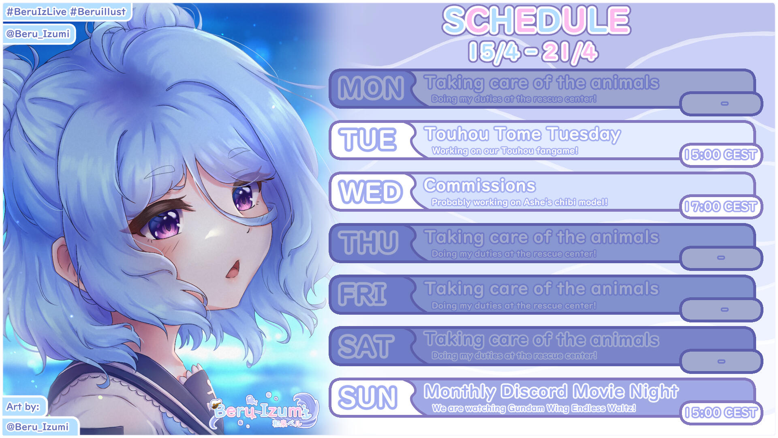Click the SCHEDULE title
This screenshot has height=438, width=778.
[536, 20]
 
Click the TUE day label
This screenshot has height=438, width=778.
[368, 140]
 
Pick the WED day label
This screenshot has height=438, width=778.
[371, 191]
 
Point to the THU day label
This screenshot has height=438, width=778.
[368, 243]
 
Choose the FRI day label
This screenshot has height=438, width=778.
[362, 294]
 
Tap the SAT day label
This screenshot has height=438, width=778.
[366, 346]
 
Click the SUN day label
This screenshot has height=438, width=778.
[368, 397]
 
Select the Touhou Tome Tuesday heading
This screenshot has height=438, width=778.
[522, 134]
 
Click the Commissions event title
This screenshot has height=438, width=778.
[480, 186]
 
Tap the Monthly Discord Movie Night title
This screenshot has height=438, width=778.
[551, 392]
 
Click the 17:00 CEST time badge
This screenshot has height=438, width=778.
[721, 207]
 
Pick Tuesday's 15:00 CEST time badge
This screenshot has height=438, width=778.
[721, 155]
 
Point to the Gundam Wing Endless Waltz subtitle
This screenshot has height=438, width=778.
[534, 408]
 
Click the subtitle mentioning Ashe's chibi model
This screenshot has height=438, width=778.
[519, 202]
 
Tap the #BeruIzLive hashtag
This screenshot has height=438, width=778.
[36, 12]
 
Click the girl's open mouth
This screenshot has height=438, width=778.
[233, 269]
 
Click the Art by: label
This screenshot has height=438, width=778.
[23, 406]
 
